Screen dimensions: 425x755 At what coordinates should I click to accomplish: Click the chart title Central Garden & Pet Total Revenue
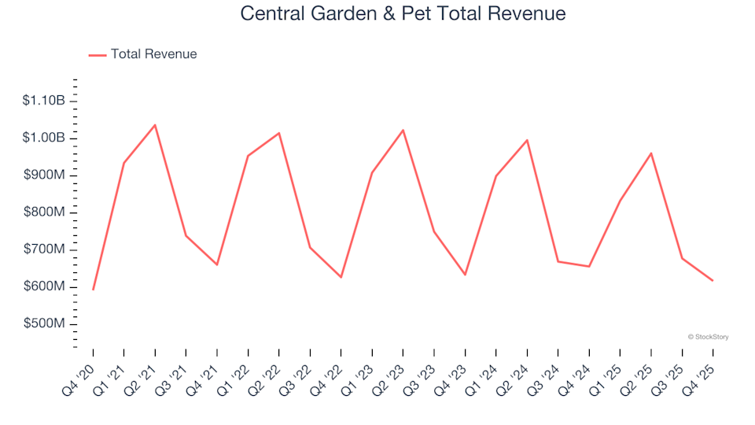[403, 13]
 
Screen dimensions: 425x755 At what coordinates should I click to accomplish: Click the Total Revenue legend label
[153, 54]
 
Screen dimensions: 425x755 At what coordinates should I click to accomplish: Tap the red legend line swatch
[98, 55]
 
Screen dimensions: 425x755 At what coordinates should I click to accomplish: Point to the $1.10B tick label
[43, 101]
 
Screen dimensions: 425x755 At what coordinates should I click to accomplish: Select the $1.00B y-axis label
[43, 139]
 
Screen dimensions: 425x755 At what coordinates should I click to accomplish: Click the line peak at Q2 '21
[155, 125]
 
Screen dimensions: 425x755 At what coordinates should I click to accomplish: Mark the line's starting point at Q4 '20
[93, 290]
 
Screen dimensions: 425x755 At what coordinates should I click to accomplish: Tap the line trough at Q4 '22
[341, 277]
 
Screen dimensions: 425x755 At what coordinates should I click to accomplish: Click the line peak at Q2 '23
[403, 130]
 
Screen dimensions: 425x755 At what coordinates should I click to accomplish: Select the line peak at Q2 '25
[651, 153]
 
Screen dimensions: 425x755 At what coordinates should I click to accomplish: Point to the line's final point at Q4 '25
[713, 281]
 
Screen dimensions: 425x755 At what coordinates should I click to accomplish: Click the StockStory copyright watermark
[708, 337]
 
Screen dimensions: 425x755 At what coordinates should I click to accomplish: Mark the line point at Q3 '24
[558, 261]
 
